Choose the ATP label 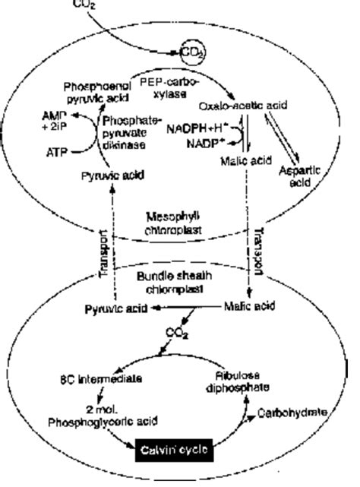tap(54, 152)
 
